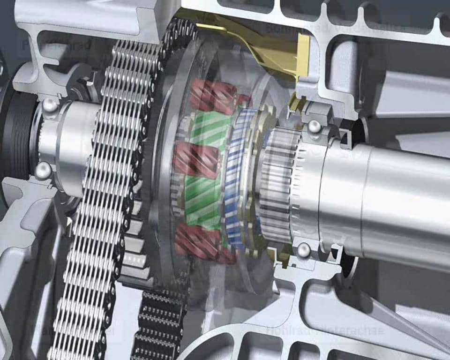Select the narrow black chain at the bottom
click(x=159, y=323)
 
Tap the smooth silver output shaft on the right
click(x=398, y=197)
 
